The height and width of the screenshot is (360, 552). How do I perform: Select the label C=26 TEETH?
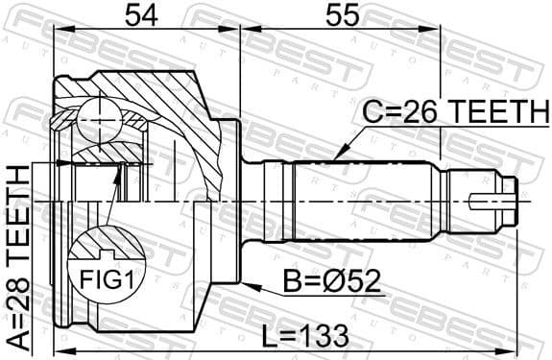[x=451, y=113]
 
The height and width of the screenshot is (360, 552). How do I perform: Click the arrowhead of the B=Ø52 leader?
[x=246, y=285]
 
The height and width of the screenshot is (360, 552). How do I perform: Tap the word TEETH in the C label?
[x=489, y=113]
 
